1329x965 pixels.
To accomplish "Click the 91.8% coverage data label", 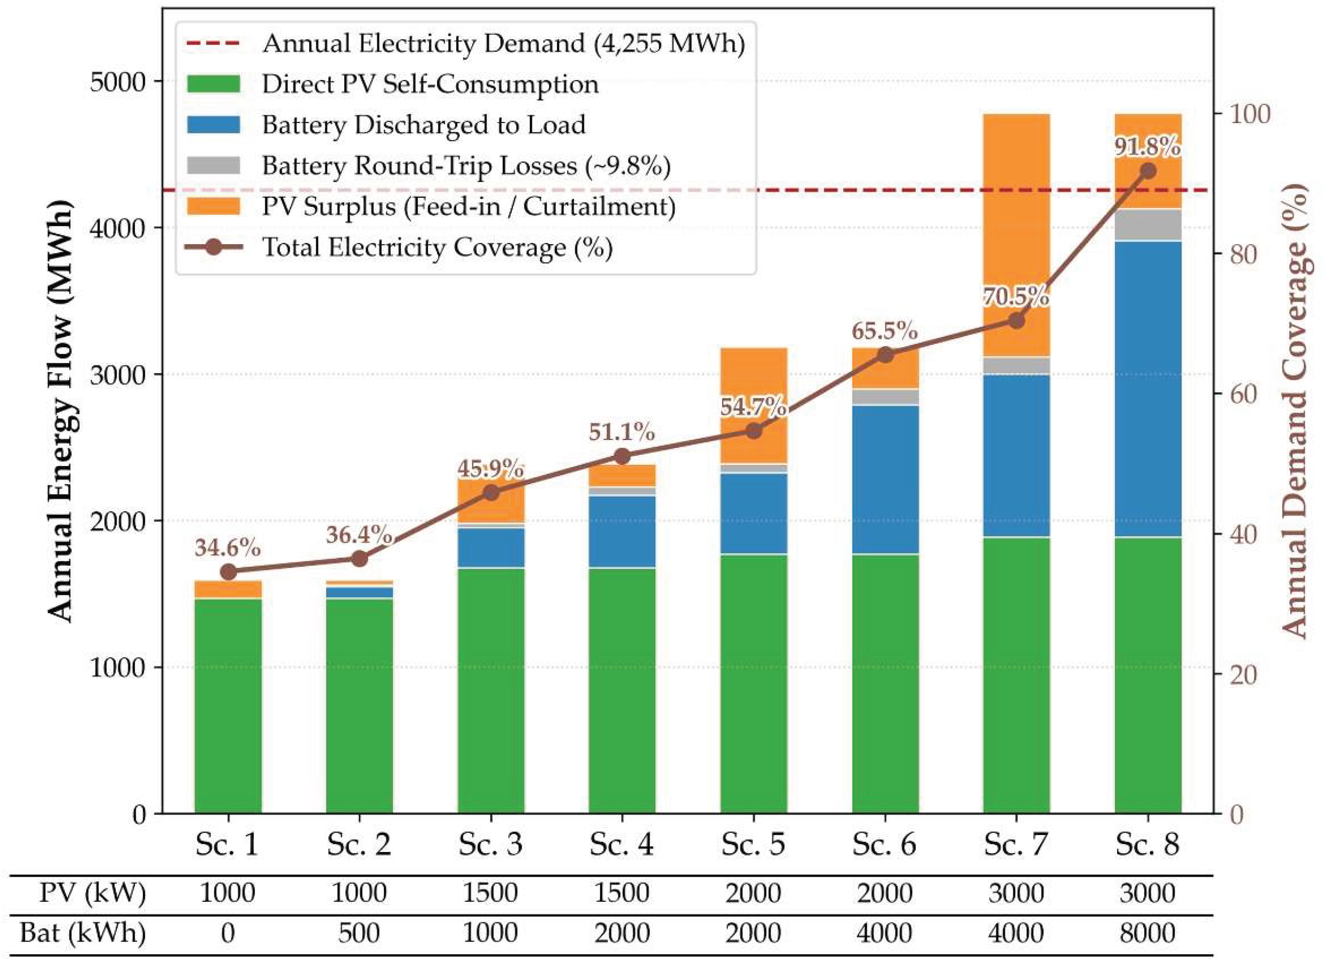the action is point(1147,147).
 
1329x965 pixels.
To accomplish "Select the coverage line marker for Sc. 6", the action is point(885,355).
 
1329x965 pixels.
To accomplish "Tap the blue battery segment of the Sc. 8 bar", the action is point(1148,389).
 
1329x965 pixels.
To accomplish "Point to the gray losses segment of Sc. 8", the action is point(1148,225).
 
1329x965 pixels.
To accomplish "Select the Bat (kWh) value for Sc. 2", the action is point(359,933).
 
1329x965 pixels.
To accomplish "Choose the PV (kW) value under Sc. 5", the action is point(754,893).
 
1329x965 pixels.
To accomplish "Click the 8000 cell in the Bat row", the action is point(1147,933).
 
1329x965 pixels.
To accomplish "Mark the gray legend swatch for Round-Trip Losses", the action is point(213,165).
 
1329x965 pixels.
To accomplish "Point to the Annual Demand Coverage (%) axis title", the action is point(1295,410).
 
